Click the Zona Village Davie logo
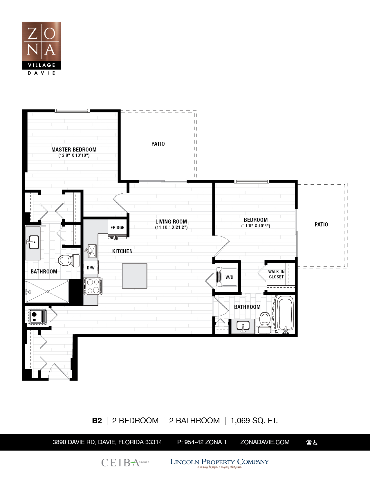point(41,48)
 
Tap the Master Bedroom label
point(74,150)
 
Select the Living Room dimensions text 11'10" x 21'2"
point(171,228)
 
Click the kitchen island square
point(134,276)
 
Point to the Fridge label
point(117,228)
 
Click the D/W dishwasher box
point(91,268)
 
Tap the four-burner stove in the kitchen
point(93,286)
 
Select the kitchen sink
point(92,251)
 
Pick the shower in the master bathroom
point(47,291)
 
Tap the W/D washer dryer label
point(229,277)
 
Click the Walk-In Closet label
point(276,274)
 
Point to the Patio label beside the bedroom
point(321,224)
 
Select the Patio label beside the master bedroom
point(158,144)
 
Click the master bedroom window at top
point(72,111)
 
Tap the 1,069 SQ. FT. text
point(254,421)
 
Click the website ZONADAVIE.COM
point(265,442)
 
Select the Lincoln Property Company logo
point(219,462)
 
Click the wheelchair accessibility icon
point(315,442)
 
